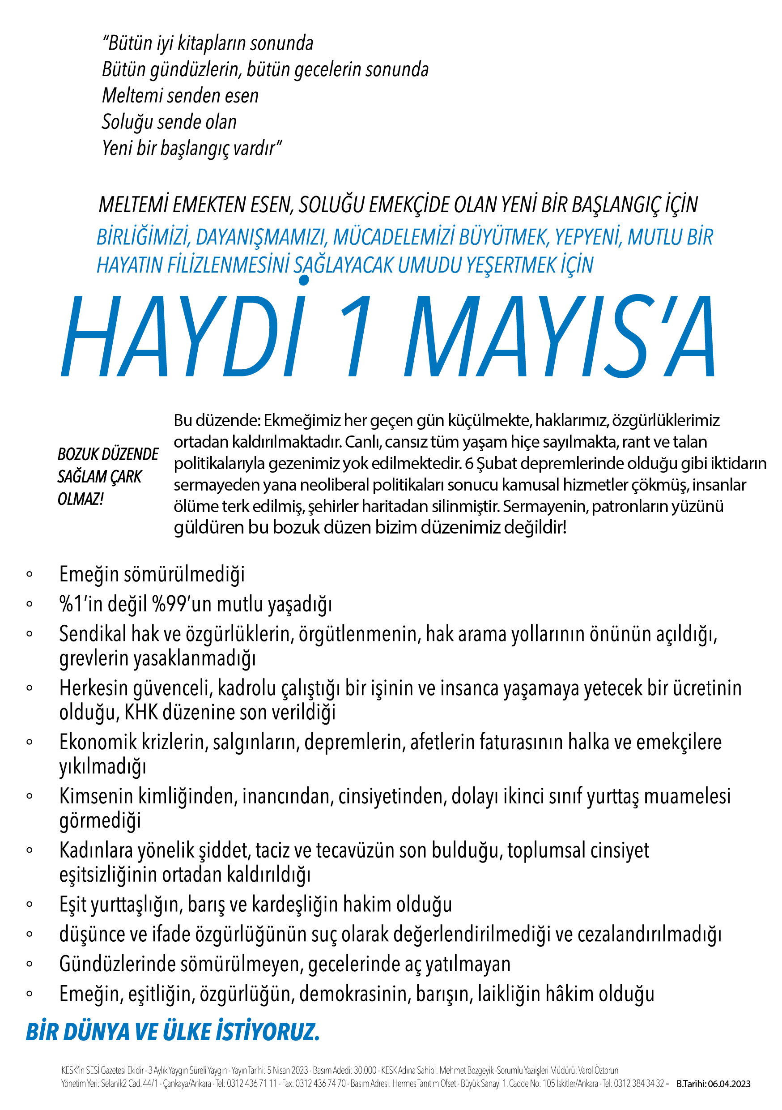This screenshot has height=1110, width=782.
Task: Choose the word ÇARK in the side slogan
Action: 126,477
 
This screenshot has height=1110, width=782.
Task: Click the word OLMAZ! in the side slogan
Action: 80,499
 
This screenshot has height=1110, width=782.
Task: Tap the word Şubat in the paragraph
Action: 494,463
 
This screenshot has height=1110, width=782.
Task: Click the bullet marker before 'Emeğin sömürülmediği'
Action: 30,574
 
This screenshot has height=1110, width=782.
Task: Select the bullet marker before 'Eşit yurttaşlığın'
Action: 30,904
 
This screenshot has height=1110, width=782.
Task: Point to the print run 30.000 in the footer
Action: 365,1070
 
